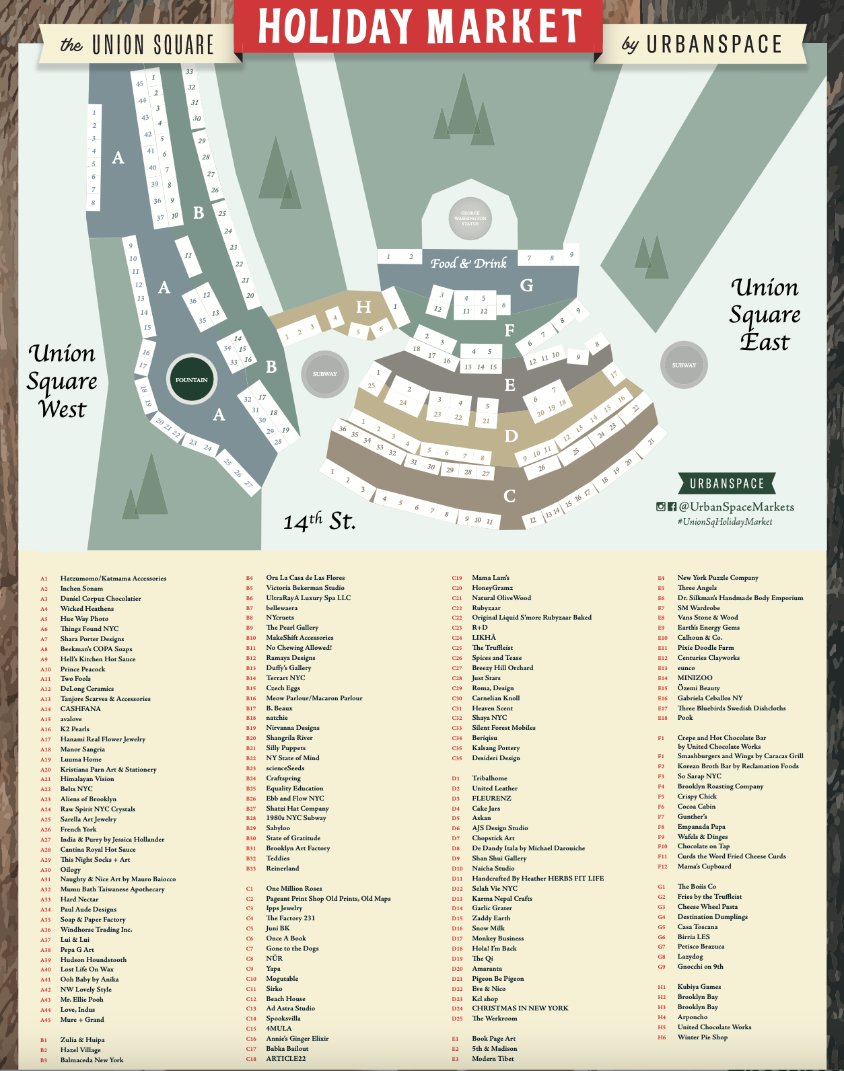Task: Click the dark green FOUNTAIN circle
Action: tap(191, 380)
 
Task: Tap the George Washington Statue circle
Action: tap(470, 218)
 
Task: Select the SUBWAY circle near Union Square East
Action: tap(684, 365)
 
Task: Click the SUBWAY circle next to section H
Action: tap(324, 374)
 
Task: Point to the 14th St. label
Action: tap(319, 521)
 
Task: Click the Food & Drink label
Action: tap(468, 263)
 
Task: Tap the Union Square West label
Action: tap(62, 381)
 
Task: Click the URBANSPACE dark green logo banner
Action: tap(727, 484)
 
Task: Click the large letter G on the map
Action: tap(526, 285)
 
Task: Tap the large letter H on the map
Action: tap(363, 307)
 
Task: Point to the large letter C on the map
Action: tap(509, 496)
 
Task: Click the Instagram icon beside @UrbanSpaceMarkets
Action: tap(661, 507)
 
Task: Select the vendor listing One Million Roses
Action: tap(293, 889)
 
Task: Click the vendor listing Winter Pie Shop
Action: tap(702, 1037)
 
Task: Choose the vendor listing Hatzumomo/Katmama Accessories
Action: tap(113, 579)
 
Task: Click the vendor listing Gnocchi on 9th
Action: tap(700, 967)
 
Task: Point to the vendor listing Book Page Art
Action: tap(493, 1039)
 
